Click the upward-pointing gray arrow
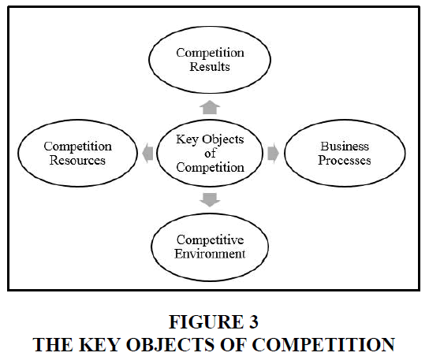pos(210,107)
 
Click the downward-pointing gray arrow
pos(210,200)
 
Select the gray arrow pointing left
pos(147,153)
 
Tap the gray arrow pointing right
pos(273,153)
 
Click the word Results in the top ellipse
pos(210,67)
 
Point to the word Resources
pos(77,160)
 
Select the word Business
pos(345,147)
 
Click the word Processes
pos(345,160)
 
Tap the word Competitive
pos(210,240)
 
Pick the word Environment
pos(210,254)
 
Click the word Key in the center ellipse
pos(187,139)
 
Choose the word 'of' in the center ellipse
pos(210,153)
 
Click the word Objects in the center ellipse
pos(223,139)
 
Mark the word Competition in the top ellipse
pos(210,53)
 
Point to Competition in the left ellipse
pos(78,147)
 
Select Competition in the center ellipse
pos(210,168)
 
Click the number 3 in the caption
pos(254,321)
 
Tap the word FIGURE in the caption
pos(206,321)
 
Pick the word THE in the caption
pos(53,344)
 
